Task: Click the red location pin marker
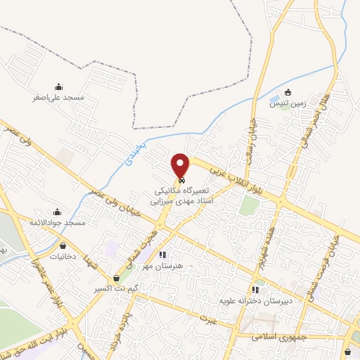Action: coord(181,166)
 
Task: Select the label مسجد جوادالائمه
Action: coord(57,222)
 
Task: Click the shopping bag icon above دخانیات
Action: coord(65,247)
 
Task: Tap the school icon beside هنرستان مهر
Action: coord(162,255)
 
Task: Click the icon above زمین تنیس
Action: coord(288,92)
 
